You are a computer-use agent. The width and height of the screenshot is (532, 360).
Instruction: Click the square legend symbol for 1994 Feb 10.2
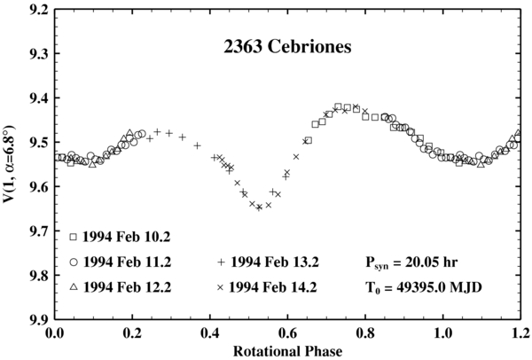point(74,238)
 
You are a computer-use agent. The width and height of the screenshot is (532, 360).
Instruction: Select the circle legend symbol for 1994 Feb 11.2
point(74,263)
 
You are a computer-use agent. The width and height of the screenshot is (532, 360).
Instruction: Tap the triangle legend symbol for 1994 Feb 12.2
point(74,288)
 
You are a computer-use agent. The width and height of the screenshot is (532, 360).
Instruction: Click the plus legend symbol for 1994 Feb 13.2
point(219,263)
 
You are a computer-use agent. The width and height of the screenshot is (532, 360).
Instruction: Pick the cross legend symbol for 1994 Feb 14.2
point(219,288)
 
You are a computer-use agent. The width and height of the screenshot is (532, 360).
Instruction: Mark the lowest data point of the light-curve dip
point(259,207)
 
